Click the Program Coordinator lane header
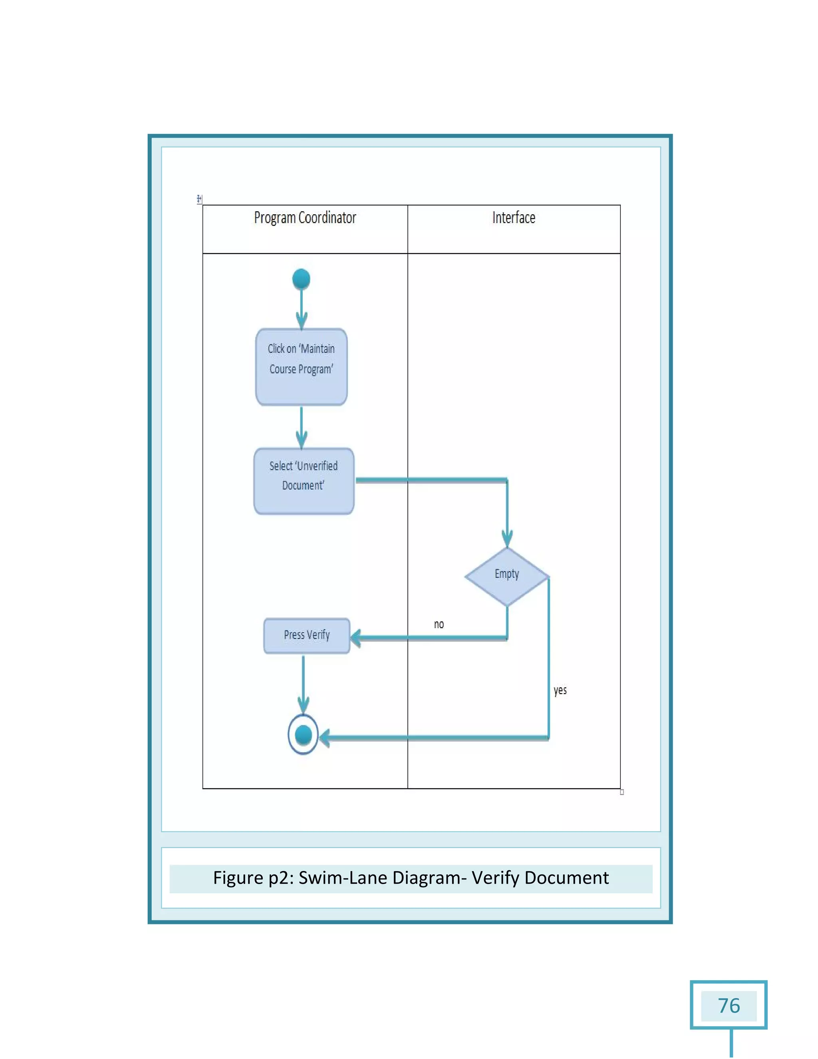coord(305,218)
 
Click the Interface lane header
coord(514,218)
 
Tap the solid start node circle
coord(301,279)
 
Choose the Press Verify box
coord(307,636)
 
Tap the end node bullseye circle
coord(303,735)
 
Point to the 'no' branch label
coord(439,625)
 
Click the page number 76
coord(729,1006)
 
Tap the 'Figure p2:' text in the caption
coord(252,878)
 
